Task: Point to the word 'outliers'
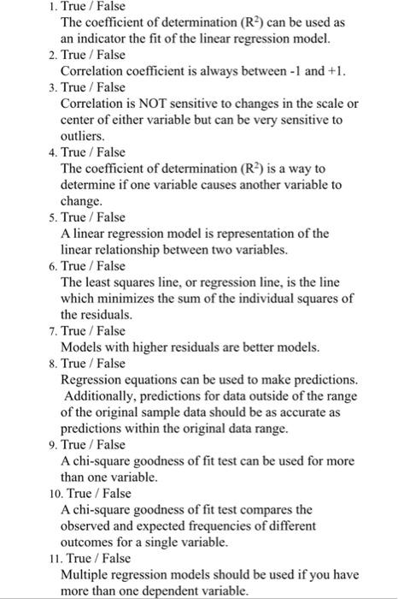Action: click(84, 136)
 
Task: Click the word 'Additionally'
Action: click(104, 396)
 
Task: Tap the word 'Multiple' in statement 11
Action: click(85, 574)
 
